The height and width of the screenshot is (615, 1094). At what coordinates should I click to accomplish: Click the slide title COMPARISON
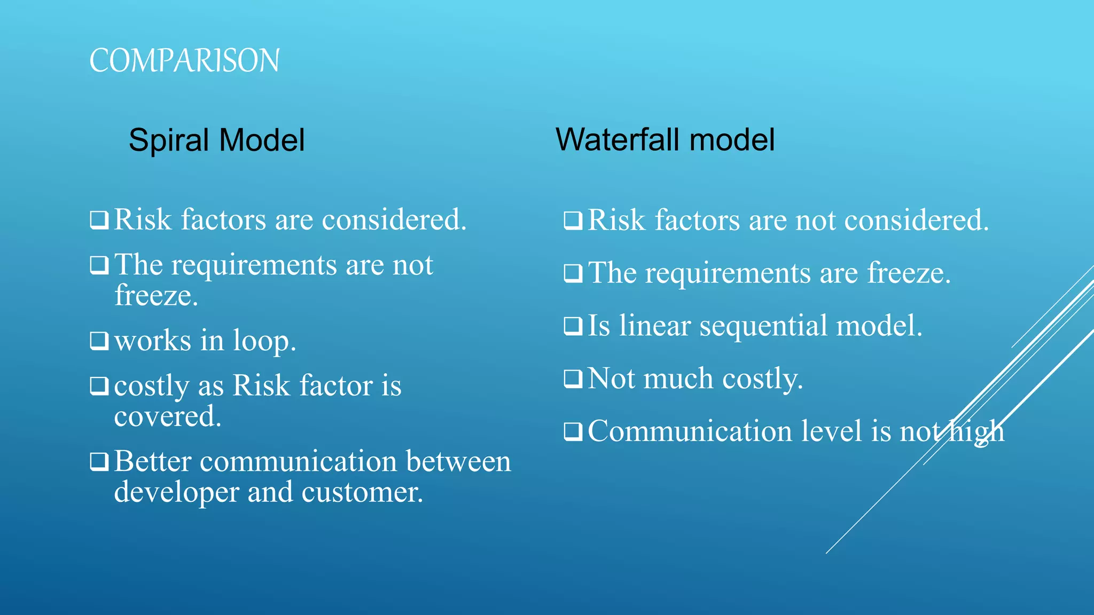184,60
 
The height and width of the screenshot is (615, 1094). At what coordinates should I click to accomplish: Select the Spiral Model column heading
216,140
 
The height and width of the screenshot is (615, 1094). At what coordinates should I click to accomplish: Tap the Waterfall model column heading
665,140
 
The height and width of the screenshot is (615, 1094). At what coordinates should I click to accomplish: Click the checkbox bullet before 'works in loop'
99,341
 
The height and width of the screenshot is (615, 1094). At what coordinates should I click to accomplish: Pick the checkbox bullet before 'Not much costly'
573,379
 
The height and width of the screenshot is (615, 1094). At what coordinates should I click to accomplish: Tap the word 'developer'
176,493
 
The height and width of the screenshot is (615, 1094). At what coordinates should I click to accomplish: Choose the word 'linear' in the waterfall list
654,326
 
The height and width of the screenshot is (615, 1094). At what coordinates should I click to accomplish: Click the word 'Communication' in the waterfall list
690,431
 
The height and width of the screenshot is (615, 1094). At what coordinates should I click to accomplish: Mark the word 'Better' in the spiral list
152,461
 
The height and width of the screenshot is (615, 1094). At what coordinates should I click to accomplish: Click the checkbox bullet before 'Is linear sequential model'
573,326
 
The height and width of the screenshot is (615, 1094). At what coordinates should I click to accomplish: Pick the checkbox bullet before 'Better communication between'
99,461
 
